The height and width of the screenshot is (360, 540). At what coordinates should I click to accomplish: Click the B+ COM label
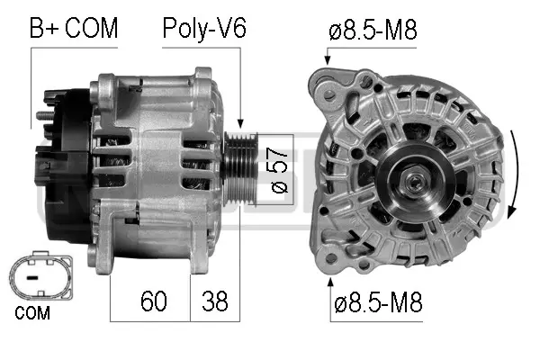click(x=74, y=28)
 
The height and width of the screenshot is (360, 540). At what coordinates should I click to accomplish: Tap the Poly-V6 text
click(x=203, y=28)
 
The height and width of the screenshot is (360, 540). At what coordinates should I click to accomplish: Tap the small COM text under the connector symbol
click(x=32, y=314)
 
